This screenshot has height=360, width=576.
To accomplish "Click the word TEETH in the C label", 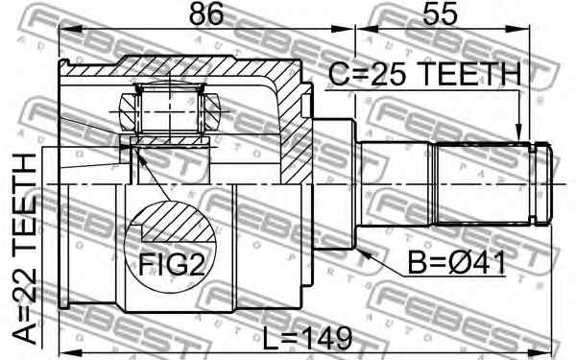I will [470, 73].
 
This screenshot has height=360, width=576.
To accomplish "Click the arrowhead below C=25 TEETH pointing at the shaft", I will [518, 134].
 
